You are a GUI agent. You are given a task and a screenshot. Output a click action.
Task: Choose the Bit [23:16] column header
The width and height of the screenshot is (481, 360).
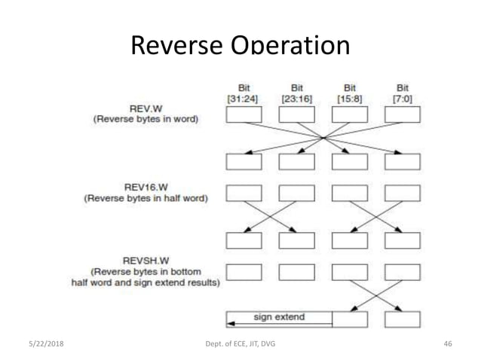pos(297,93)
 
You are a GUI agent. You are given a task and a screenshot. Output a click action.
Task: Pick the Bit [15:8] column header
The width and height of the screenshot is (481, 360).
pos(350,93)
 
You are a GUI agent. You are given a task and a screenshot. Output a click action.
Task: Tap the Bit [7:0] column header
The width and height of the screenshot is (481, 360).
pos(402,93)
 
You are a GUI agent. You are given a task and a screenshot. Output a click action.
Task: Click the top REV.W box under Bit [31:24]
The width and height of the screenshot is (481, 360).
pos(244,114)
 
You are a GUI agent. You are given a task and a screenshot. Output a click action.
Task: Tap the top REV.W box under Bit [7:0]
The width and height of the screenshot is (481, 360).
pos(402,114)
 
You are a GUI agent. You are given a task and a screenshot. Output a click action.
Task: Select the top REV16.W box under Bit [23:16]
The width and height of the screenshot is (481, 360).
pos(297,193)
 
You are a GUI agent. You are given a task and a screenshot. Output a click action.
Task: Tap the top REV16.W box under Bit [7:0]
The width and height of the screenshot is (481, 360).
pos(402,193)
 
